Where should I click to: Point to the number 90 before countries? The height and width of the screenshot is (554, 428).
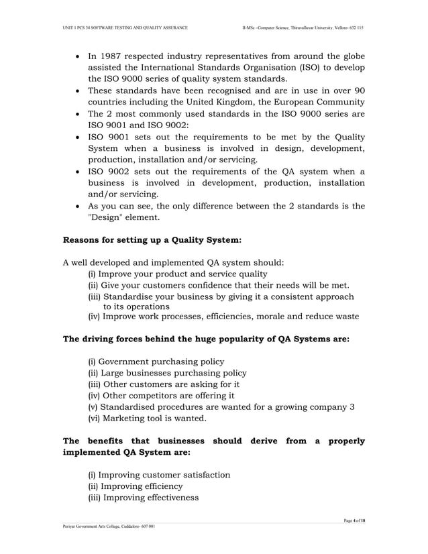click(359, 91)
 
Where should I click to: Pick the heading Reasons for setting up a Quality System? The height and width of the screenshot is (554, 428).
click(152, 239)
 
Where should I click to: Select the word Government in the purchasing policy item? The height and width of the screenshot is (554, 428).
click(129, 362)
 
